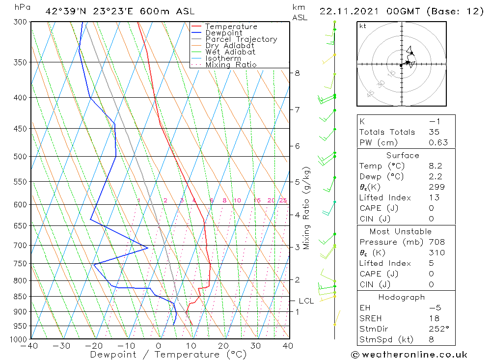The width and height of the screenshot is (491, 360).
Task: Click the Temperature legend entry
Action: (231, 27)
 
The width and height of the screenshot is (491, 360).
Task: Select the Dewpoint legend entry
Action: (223, 33)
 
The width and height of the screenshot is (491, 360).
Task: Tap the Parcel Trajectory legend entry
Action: (241, 39)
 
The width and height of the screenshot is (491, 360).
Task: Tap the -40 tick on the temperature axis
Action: (30, 346)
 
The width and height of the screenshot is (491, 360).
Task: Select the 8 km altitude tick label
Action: (297, 73)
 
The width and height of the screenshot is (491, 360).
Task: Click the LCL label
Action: (306, 301)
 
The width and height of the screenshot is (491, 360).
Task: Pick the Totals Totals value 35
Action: (434, 132)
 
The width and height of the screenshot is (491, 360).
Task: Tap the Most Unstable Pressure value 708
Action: (436, 242)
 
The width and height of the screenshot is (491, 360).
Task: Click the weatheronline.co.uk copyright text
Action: (409, 355)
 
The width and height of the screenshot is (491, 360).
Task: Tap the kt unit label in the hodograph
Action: (363, 26)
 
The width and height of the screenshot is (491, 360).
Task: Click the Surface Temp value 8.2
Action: (435, 166)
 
